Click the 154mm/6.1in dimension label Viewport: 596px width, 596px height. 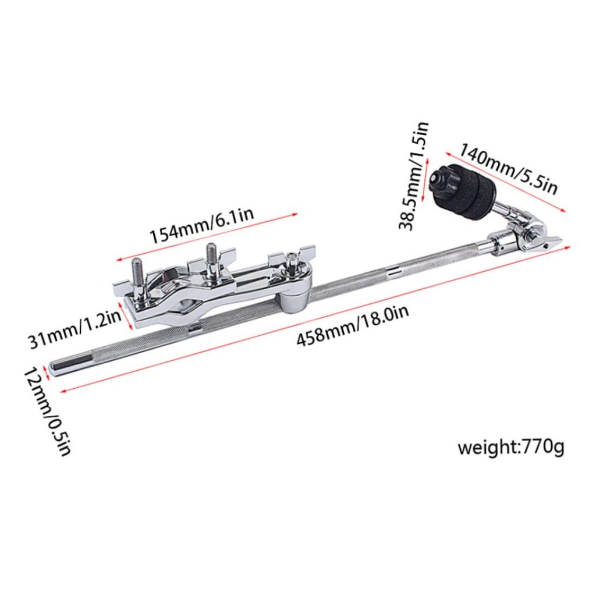tap(201, 226)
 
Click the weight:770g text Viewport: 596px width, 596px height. tap(510, 448)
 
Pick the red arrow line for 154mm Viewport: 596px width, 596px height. tap(207, 238)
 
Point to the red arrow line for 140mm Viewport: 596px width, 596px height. tap(506, 183)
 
